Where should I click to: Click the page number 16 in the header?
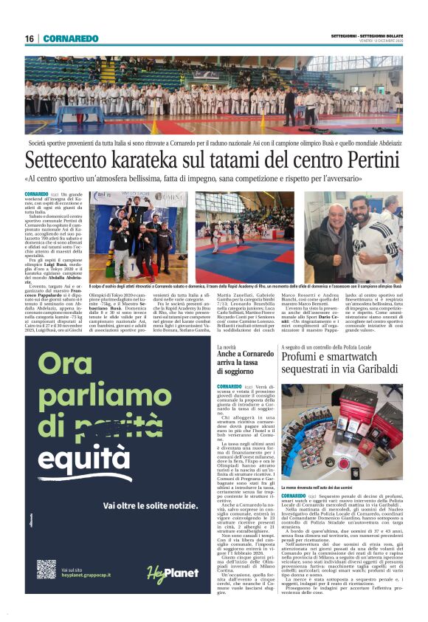(30, 38)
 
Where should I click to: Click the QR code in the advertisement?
(46, 570)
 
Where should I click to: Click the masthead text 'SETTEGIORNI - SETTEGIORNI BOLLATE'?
(367, 35)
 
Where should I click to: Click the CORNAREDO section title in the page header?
(70, 38)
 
